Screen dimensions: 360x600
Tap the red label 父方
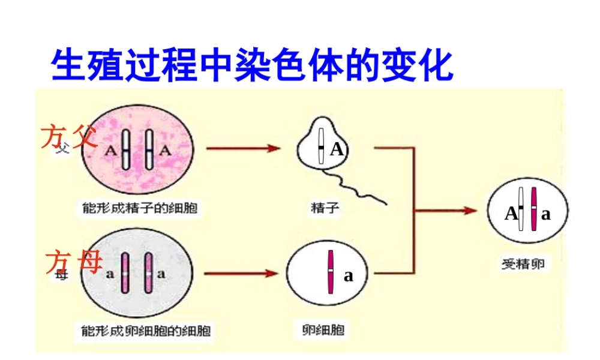coord(68,137)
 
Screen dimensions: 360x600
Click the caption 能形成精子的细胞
coord(139,208)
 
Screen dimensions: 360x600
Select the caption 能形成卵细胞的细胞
coord(146,329)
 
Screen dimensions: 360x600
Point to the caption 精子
coord(325,208)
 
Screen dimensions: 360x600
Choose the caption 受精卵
coord(523,263)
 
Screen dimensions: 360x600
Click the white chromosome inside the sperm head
coord(322,146)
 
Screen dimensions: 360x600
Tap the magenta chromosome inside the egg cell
coord(331,272)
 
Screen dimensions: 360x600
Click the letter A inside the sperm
coord(337,149)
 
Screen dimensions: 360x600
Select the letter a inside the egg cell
coord(348,276)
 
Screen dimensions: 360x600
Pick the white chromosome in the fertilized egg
coord(521,209)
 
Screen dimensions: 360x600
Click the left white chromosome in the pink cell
coord(126,150)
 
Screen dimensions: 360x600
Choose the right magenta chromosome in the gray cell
coord(149,274)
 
